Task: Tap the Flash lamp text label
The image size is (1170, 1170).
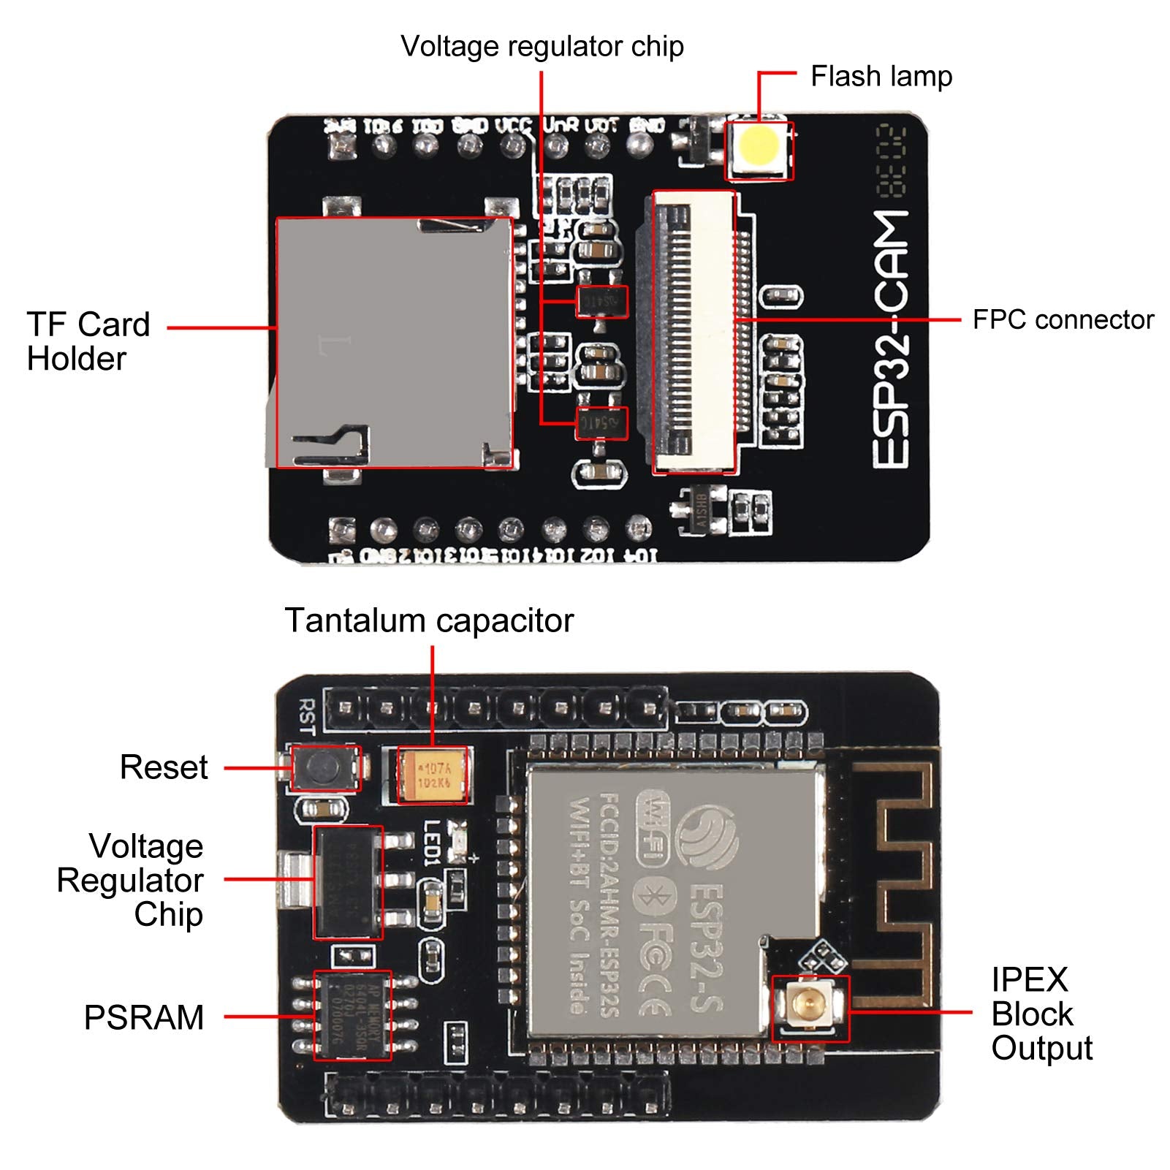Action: coord(881,77)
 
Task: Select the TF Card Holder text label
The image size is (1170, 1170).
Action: coord(88,341)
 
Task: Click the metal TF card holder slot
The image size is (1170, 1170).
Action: coord(393,342)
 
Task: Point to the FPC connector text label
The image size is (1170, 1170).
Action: coord(1063,320)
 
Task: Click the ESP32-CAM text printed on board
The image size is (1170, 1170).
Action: coord(892,340)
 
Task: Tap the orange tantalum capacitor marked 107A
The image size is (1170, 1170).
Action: coord(433,775)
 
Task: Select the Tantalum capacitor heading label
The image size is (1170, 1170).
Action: coord(429,620)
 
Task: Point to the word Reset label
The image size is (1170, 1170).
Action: coord(164,767)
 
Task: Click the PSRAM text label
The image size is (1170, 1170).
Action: coord(144,1017)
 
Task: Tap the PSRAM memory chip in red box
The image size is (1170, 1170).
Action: coord(353,1015)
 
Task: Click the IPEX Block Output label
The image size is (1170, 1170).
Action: coord(1041,1014)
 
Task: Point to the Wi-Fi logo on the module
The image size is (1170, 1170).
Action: coord(653,828)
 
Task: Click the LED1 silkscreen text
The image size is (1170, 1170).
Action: coord(432,843)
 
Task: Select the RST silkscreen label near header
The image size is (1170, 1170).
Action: coord(307,715)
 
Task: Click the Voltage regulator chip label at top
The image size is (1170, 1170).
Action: coord(542,47)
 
